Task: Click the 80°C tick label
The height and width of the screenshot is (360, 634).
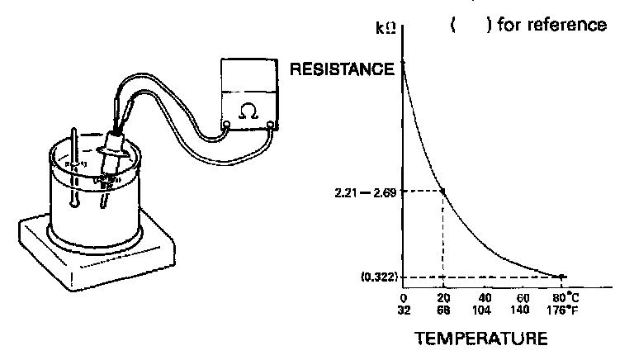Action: (564, 298)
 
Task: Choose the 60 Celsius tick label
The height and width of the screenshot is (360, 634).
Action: (523, 298)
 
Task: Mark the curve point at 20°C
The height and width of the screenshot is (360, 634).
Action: (443, 191)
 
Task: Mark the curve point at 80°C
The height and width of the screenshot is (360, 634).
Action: (563, 276)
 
